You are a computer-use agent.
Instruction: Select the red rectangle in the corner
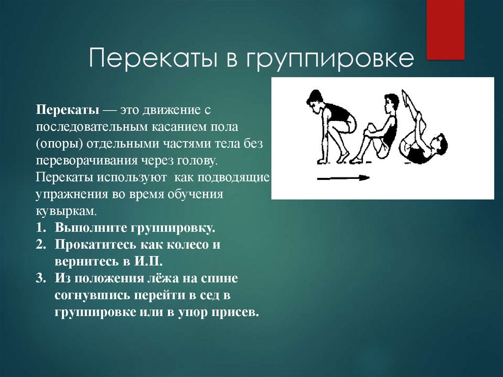point(445,29)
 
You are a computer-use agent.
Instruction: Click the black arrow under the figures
point(343,178)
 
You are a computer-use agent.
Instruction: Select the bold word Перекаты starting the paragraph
point(68,110)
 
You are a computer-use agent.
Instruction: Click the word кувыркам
point(66,211)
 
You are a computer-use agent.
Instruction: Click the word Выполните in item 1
point(91,228)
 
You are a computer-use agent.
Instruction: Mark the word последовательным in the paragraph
point(92,127)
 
